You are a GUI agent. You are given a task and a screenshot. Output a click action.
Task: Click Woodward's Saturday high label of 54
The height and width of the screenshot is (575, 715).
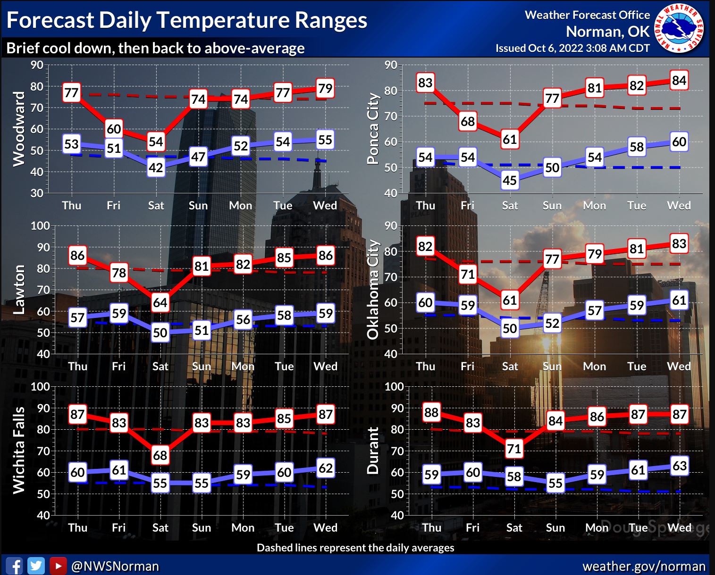[156, 142]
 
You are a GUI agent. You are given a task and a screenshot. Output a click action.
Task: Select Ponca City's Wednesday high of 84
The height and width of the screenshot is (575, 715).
[679, 81]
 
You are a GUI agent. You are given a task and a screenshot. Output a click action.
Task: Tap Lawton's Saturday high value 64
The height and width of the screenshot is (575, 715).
[160, 302]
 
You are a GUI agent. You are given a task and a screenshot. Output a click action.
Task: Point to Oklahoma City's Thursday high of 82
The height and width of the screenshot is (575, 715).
[425, 246]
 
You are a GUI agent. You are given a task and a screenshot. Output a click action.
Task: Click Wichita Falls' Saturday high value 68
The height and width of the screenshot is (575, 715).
[160, 455]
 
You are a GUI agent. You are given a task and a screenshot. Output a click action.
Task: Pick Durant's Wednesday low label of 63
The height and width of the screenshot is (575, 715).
[679, 466]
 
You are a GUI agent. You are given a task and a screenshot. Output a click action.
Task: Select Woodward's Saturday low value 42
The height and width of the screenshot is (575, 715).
[156, 167]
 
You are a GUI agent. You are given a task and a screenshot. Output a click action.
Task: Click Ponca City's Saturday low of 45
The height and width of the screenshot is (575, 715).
[510, 180]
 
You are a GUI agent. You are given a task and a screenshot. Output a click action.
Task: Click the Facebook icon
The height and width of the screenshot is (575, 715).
[14, 566]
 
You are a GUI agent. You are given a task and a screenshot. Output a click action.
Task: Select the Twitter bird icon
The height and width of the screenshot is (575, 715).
[36, 566]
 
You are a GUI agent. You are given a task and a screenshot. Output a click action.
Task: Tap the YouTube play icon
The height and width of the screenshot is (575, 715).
[58, 566]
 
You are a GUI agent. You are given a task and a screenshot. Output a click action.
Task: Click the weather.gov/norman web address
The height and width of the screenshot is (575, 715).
[644, 566]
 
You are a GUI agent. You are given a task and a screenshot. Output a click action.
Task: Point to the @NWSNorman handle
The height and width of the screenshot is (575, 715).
[115, 566]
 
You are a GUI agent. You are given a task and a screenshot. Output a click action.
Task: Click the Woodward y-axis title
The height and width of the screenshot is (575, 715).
[19, 129]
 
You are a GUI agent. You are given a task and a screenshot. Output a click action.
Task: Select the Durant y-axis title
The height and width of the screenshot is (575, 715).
[373, 450]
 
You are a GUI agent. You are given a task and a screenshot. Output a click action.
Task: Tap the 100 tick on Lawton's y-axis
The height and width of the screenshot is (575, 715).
[40, 226]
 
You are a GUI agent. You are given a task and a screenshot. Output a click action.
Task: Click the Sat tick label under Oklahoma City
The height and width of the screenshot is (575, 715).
[510, 367]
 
